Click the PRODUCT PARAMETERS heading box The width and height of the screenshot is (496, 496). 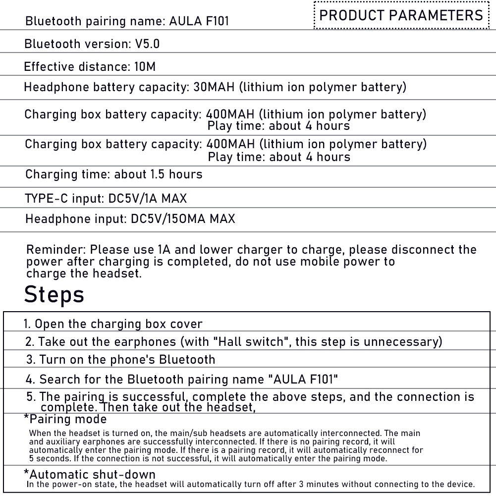click(401, 15)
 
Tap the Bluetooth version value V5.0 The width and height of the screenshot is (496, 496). click(148, 44)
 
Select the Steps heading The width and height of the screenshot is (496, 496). click(54, 294)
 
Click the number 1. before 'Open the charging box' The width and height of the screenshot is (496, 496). click(28, 324)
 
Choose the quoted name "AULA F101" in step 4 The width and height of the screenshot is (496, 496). click(303, 380)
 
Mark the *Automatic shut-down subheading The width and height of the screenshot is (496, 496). click(89, 474)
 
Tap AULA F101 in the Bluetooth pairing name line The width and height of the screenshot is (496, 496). click(199, 21)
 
